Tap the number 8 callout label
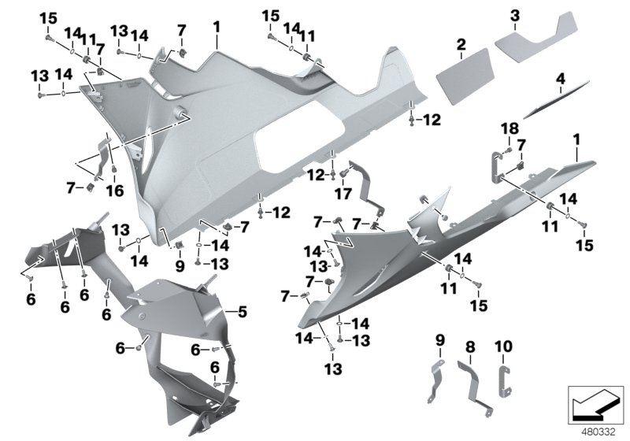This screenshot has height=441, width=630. click(469, 346)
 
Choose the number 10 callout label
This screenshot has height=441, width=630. click(502, 346)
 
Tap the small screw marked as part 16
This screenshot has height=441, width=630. click(113, 169)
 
